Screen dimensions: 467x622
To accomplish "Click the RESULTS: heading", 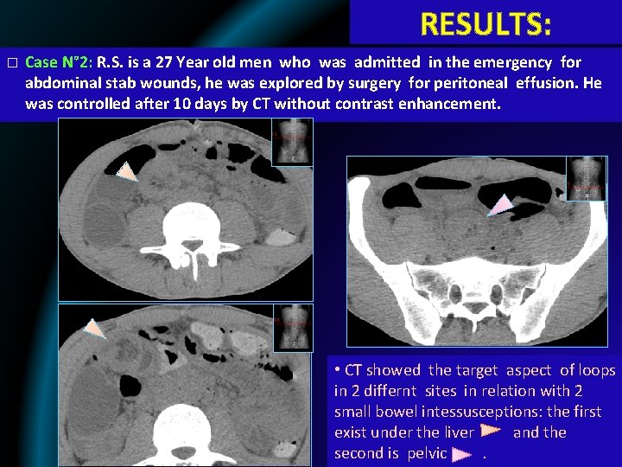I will coord(486,23).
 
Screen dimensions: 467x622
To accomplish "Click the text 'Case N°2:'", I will coord(59,63).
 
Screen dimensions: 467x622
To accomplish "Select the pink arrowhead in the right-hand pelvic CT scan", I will coord(500,205).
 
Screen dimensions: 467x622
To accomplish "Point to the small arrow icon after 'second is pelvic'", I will coord(461,453).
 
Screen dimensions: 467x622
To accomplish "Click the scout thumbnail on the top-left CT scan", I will coord(292,142).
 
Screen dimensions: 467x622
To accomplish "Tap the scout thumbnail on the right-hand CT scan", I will coord(586,180).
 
